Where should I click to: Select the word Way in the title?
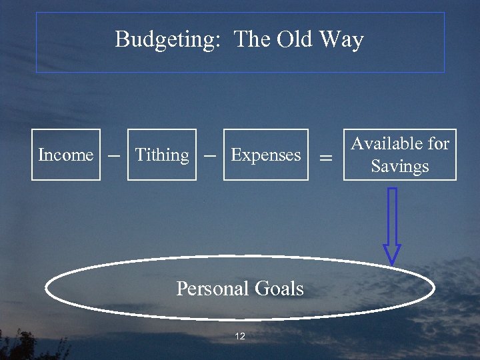coord(341,40)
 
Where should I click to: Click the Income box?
coord(66,155)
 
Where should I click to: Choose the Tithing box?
coord(162,155)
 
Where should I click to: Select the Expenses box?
coord(266,155)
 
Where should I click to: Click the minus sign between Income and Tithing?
coord(114,154)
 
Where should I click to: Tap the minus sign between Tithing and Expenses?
coord(209,154)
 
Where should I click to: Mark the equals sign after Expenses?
coord(325,157)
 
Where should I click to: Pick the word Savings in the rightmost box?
coord(400,166)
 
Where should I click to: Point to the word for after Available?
coord(438,143)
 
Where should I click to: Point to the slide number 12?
coord(240,336)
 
